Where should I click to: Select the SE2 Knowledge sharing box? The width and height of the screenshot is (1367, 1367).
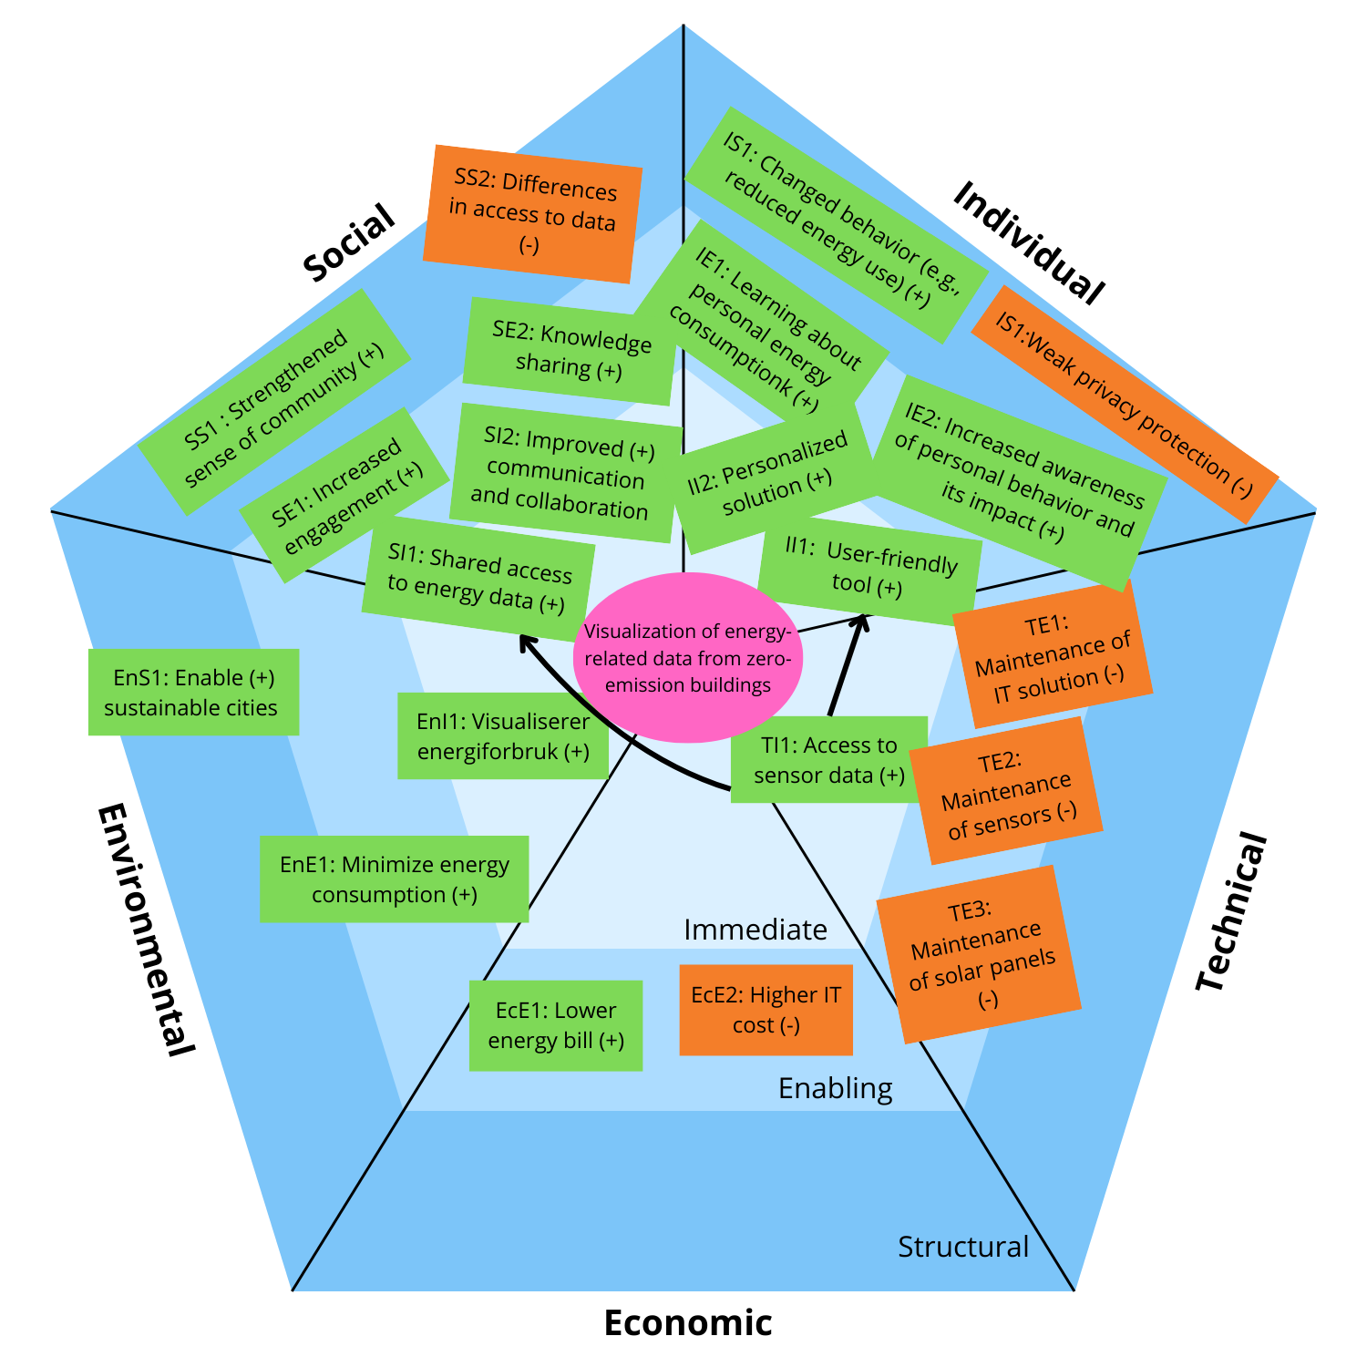[x=570, y=351]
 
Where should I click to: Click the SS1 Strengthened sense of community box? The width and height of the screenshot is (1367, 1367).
[x=273, y=402]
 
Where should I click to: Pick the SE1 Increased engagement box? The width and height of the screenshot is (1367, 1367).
[x=344, y=497]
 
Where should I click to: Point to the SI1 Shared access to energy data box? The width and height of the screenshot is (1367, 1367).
[x=478, y=579]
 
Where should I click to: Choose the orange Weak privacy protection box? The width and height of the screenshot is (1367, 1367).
[x=1125, y=404]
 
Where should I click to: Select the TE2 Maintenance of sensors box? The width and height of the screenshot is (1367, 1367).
[x=1006, y=790]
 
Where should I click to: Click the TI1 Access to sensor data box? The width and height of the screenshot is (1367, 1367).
[x=828, y=759]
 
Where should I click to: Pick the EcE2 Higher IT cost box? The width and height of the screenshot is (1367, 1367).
[x=766, y=1010]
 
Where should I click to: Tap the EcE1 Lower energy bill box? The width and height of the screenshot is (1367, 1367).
[x=555, y=1025]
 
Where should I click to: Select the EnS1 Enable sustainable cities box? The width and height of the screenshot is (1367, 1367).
[x=193, y=692]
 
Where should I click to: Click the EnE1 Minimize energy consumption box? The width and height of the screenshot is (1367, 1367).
[x=394, y=879]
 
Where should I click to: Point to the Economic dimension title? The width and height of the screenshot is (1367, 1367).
[x=688, y=1322]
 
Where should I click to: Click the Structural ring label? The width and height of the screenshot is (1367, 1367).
[x=962, y=1246]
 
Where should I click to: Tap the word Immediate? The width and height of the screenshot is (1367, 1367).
[x=755, y=930]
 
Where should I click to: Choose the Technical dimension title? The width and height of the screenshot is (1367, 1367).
[x=1230, y=911]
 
